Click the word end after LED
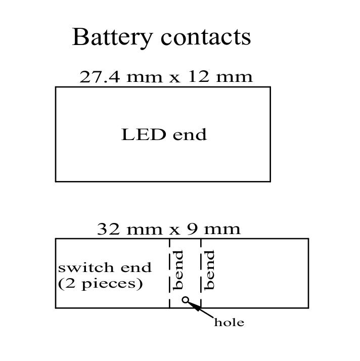190,135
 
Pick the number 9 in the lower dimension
192,229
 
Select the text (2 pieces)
100,283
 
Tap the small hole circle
186,300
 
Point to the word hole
229,323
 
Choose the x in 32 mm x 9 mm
174,230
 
